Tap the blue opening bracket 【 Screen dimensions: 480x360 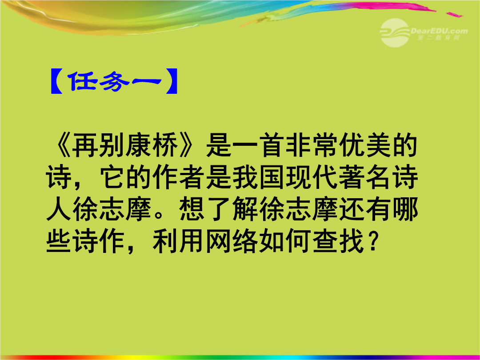click(56, 81)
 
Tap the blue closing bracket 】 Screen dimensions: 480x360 click(171, 81)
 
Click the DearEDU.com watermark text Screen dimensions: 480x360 click(439, 31)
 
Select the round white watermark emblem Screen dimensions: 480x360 click(395, 33)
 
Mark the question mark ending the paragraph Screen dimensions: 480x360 click(372, 243)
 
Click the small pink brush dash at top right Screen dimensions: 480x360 click(454, 14)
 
